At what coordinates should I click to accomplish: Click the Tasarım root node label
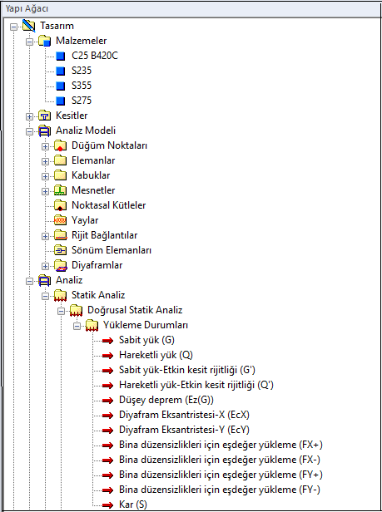pyautogui.click(x=57, y=26)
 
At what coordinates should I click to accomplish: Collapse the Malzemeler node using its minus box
pyautogui.click(x=29, y=42)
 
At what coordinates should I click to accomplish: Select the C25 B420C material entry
pyautogui.click(x=95, y=56)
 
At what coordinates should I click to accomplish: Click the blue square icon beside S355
pyautogui.click(x=60, y=86)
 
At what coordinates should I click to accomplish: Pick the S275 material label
pyautogui.click(x=82, y=101)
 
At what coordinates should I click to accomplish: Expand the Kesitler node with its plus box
pyautogui.click(x=29, y=116)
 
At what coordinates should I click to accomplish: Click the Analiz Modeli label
pyautogui.click(x=86, y=130)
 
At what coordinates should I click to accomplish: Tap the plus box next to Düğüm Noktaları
pyautogui.click(x=45, y=146)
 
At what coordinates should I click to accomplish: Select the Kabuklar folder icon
pyautogui.click(x=60, y=175)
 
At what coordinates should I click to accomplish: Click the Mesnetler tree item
pyautogui.click(x=93, y=190)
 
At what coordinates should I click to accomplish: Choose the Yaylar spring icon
pyautogui.click(x=60, y=220)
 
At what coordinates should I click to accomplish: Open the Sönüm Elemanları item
pyautogui.click(x=112, y=250)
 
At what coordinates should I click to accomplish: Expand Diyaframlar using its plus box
pyautogui.click(x=45, y=266)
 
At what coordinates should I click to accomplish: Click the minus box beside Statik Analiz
pyautogui.click(x=45, y=296)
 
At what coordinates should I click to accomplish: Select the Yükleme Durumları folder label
pyautogui.click(x=146, y=325)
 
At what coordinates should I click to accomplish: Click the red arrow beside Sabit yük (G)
pyautogui.click(x=107, y=341)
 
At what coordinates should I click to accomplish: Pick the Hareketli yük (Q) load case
pyautogui.click(x=156, y=355)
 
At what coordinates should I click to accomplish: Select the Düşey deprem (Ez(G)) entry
pyautogui.click(x=166, y=400)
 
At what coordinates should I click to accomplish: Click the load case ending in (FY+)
pyautogui.click(x=221, y=475)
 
